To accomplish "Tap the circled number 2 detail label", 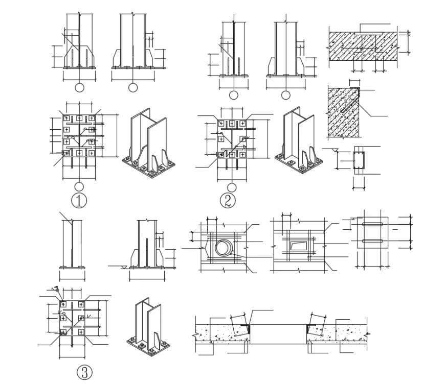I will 228,201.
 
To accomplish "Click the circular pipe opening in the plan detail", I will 223,248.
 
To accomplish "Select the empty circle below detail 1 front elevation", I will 79,87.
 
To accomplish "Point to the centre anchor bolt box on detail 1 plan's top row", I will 79,118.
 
